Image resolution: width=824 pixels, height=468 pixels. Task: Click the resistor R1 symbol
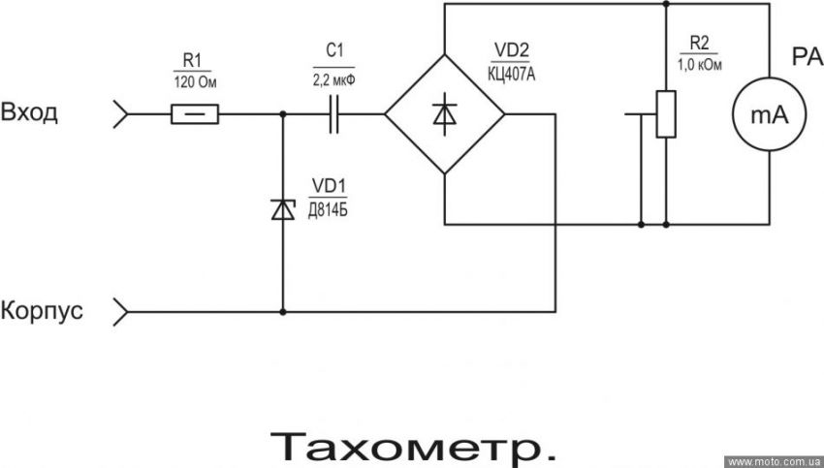[195, 115]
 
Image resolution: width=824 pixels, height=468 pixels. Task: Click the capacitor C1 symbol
[334, 115]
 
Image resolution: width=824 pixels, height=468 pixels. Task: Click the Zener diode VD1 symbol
[283, 209]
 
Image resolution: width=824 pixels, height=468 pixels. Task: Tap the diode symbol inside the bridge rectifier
[445, 114]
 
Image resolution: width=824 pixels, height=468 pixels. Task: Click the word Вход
[30, 112]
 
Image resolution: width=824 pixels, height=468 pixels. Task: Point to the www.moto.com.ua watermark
[775, 462]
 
